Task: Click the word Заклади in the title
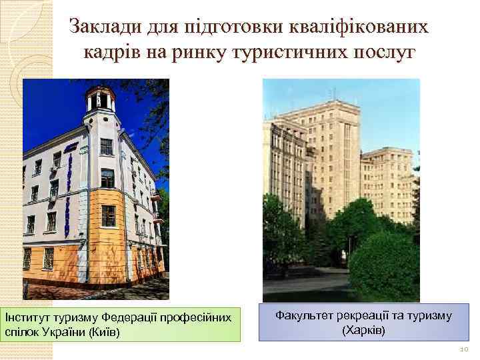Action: (x=105, y=27)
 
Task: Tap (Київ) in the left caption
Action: (x=104, y=331)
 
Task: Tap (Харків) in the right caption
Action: (x=363, y=330)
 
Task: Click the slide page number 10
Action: (x=464, y=349)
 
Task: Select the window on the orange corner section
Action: (x=108, y=216)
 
